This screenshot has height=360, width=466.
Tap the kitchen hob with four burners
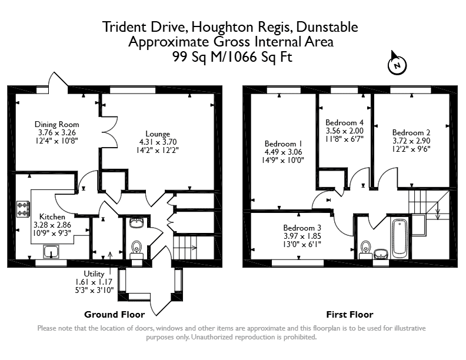click(x=23, y=209)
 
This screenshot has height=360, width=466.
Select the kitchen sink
click(x=51, y=251)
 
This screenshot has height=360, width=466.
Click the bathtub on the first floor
click(x=400, y=238)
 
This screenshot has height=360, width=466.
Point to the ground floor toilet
click(x=137, y=249)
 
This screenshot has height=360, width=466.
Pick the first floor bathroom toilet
click(x=365, y=249)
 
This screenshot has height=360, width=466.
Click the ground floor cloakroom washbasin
click(x=137, y=222)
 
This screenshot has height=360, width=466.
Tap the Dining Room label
click(x=56, y=125)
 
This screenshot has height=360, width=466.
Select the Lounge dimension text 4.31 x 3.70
click(x=158, y=142)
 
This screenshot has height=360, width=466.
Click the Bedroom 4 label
click(x=344, y=122)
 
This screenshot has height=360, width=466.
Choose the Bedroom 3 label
click(x=302, y=228)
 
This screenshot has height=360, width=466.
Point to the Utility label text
click(x=94, y=274)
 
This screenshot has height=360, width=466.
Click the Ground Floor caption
click(x=114, y=314)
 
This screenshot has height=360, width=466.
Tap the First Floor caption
click(x=349, y=314)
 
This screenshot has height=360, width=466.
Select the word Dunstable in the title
click(x=327, y=27)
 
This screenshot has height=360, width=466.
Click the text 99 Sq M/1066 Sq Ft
click(x=232, y=56)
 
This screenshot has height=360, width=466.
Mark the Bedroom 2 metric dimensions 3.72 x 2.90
click(x=411, y=141)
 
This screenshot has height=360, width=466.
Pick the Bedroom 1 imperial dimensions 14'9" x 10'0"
click(x=283, y=161)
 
